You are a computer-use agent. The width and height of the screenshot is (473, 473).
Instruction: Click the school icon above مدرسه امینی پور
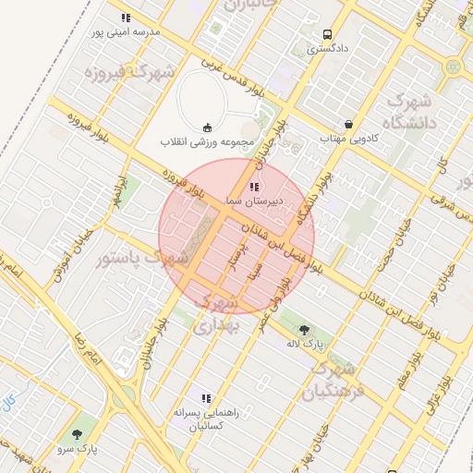point(126,18)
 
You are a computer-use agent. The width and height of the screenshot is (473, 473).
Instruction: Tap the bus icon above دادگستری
point(327,35)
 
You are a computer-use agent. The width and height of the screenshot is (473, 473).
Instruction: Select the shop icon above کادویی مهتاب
point(348,124)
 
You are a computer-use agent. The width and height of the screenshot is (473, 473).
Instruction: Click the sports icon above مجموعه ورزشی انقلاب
point(207,127)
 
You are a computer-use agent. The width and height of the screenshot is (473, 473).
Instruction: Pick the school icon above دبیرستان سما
point(255,187)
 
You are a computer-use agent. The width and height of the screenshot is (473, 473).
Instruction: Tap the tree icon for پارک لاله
point(304,327)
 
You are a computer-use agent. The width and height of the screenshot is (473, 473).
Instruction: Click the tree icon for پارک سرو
point(77,434)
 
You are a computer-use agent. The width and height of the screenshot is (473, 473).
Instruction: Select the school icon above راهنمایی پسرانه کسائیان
point(206,398)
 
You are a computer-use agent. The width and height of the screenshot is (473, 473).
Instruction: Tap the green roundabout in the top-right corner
point(453,67)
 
